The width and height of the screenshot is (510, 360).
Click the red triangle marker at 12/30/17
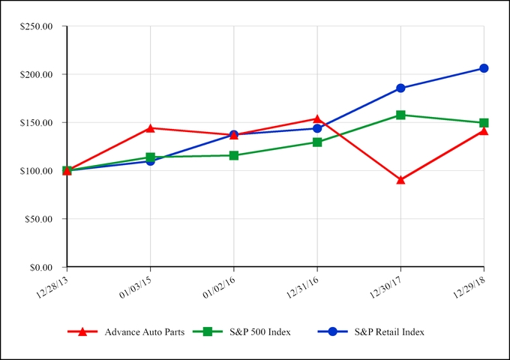(400, 180)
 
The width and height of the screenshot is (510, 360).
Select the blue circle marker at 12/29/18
(484, 68)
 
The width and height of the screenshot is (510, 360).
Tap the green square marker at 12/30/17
(400, 115)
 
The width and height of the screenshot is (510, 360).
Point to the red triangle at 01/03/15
(151, 128)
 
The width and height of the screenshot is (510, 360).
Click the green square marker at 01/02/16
(234, 155)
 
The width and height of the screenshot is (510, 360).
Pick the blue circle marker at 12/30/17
(400, 88)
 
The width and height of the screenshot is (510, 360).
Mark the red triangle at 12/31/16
(317, 118)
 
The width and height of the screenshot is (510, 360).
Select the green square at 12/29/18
(484, 122)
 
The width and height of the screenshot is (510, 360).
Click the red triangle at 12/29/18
(484, 131)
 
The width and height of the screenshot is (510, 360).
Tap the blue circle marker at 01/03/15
(151, 160)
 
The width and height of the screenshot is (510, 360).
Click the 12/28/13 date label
(52, 284)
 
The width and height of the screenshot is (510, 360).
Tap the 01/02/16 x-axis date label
(220, 284)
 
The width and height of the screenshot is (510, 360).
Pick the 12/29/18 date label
(469, 284)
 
